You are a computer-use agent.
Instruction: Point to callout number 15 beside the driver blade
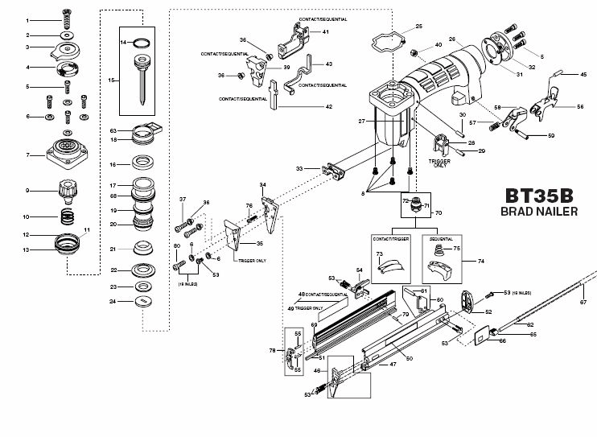113,79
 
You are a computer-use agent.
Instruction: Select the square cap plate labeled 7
67,153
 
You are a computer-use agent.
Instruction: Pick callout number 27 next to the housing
363,121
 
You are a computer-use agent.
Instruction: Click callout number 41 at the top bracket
326,31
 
